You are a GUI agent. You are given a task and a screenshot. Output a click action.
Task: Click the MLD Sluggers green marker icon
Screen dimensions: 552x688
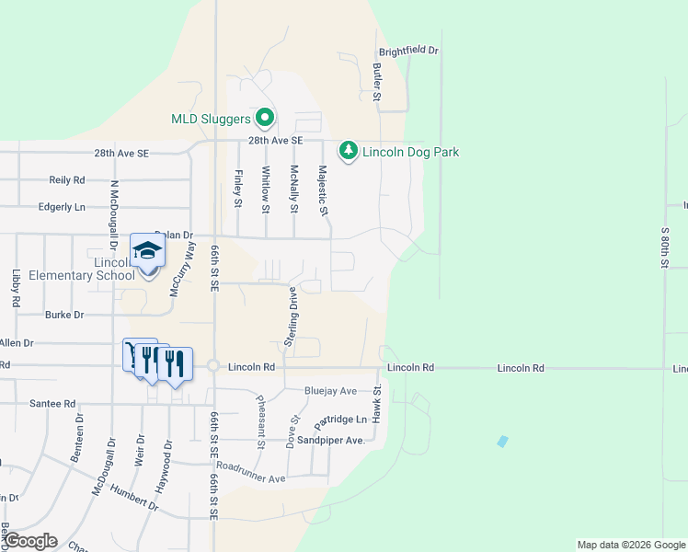tap(265, 118)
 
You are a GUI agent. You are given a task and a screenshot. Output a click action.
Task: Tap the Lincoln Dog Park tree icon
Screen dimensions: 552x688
tap(348, 151)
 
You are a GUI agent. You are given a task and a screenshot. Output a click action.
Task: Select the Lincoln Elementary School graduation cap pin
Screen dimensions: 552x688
tap(146, 251)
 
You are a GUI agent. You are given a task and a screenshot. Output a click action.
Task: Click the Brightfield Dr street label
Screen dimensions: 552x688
tap(409, 51)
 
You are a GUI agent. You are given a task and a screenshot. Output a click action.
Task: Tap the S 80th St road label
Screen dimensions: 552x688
tap(663, 244)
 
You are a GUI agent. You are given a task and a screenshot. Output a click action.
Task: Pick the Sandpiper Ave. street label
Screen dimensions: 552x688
tap(335, 441)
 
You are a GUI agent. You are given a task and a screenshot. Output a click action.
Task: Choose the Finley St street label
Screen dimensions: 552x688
tap(237, 188)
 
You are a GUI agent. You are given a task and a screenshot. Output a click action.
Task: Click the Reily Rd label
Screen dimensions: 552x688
tap(67, 180)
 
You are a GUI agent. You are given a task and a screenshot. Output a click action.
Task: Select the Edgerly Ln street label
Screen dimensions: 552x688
tap(62, 207)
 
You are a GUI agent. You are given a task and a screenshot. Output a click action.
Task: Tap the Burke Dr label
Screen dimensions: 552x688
tap(64, 315)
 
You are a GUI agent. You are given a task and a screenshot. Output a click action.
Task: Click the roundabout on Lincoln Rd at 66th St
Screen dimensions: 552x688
tap(213, 366)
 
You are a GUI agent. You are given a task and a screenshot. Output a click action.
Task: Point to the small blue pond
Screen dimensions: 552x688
tap(501, 442)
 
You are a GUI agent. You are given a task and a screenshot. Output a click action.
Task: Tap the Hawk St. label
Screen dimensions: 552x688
tap(377, 405)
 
